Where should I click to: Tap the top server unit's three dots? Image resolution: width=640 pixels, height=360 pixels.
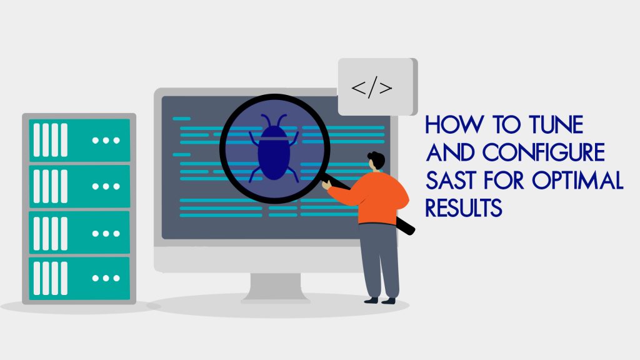pos(106,140)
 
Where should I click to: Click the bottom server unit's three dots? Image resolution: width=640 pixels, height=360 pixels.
pos(106,278)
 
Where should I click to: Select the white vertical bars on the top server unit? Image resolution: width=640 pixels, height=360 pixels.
pos(50,140)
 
